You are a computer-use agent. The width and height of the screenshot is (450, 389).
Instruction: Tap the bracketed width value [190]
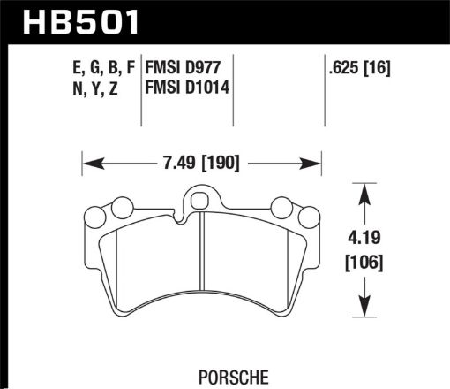point(220,163)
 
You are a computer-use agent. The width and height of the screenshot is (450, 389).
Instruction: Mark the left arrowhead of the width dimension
point(89,163)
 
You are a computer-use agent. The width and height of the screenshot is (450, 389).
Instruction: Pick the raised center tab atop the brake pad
point(202,202)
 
